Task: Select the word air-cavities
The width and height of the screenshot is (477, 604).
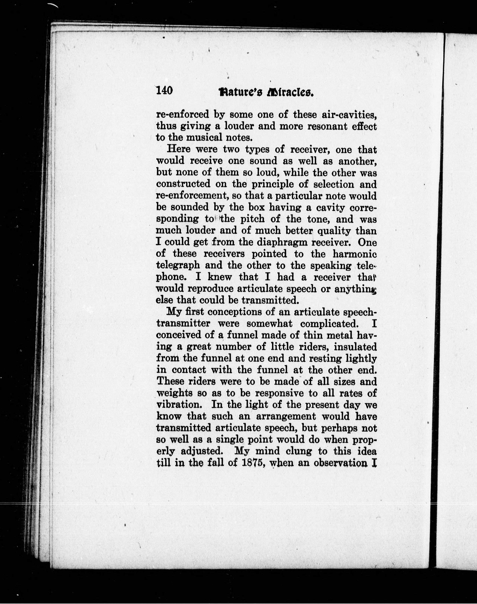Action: pyautogui.click(x=349, y=115)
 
